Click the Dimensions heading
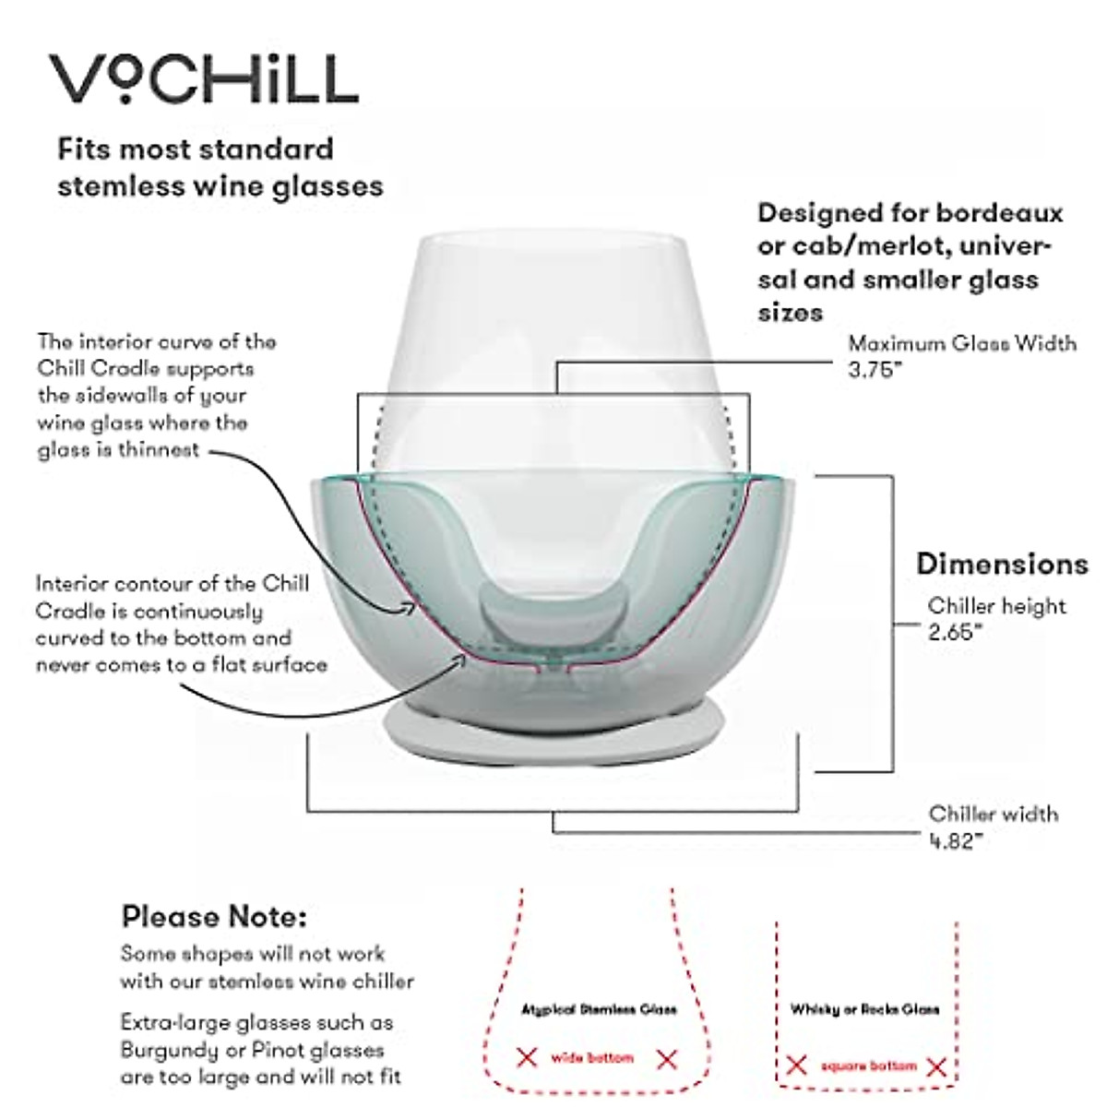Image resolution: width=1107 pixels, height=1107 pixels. (x=1002, y=564)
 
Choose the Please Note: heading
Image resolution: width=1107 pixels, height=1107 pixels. (x=214, y=917)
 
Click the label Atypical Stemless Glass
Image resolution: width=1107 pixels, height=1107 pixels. (x=598, y=1009)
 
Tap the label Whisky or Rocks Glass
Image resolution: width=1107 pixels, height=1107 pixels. (x=864, y=1009)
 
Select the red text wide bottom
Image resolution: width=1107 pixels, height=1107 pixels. (x=592, y=1058)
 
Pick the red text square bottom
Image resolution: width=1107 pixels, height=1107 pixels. (x=868, y=1066)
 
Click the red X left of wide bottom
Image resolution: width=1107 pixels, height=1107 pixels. (x=527, y=1058)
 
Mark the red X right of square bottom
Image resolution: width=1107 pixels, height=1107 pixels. (x=936, y=1067)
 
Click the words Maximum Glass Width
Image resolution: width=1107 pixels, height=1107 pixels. (x=961, y=344)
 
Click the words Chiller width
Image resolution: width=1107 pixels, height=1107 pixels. (x=993, y=814)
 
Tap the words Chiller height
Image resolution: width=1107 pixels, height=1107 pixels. (x=996, y=606)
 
